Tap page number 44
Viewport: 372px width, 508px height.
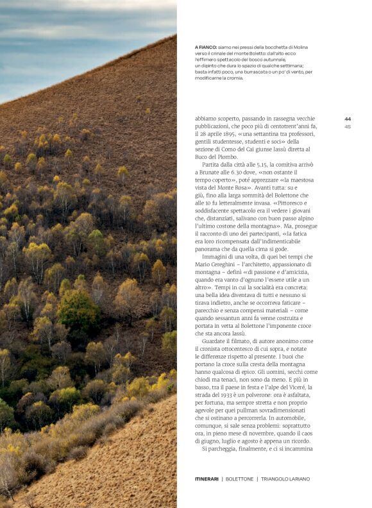[348, 119]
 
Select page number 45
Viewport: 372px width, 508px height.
[348, 126]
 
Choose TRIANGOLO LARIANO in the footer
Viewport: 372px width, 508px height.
[285, 479]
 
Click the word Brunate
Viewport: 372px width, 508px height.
[208, 172]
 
